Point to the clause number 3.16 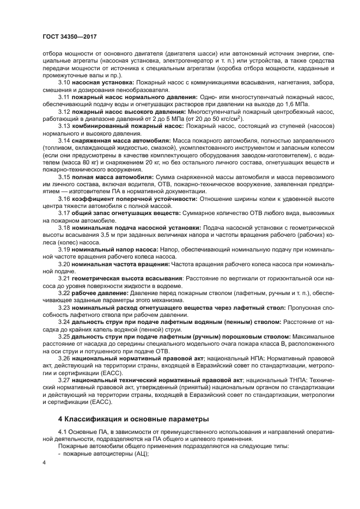point(64,199)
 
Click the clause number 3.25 point(64,337)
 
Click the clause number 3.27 point(64,381)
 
